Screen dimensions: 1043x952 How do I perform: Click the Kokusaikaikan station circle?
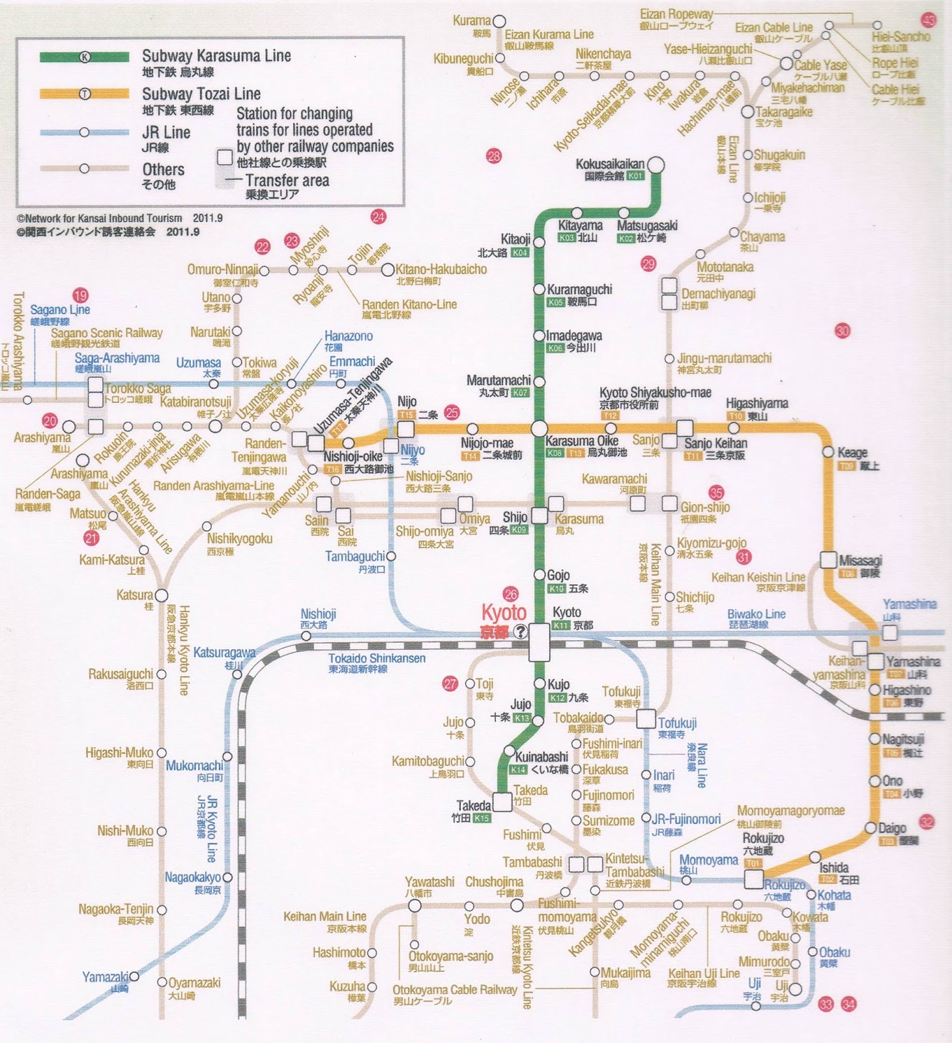656,166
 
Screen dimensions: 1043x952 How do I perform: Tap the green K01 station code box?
635,176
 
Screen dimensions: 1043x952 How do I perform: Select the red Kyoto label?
503,613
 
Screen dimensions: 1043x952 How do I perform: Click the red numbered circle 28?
494,155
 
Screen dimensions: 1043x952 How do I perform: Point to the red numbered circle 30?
843,331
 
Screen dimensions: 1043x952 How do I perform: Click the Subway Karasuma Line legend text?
216,56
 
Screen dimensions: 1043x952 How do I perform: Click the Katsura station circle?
161,595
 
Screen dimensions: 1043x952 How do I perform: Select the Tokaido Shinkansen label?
377,658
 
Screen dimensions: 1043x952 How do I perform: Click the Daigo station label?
892,828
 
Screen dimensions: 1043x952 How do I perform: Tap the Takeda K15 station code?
482,818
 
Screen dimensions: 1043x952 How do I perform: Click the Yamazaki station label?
105,977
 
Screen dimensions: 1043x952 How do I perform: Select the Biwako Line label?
756,614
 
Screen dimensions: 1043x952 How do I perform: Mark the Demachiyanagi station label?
718,294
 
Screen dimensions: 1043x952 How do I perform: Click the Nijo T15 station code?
406,415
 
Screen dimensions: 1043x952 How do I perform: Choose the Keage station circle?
828,452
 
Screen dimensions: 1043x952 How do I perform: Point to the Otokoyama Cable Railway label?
454,990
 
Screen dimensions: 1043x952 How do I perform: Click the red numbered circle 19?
80,295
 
